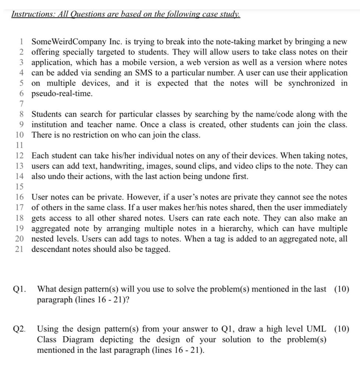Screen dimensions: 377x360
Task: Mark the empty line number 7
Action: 22,104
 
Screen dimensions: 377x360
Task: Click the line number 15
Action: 20,187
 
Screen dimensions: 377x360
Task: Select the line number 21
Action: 20,249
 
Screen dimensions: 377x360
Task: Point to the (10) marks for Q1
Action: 342,289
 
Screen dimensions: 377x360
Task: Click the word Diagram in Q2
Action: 73,339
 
